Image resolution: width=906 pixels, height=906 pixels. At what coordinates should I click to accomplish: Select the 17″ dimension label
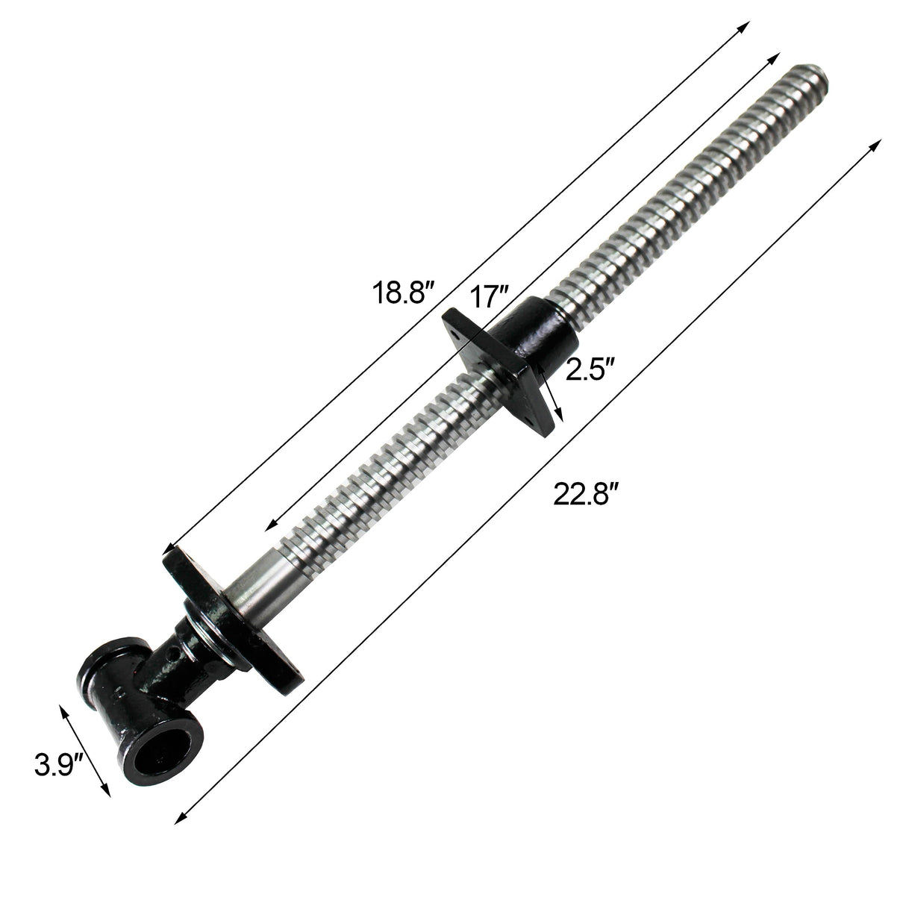488,298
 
